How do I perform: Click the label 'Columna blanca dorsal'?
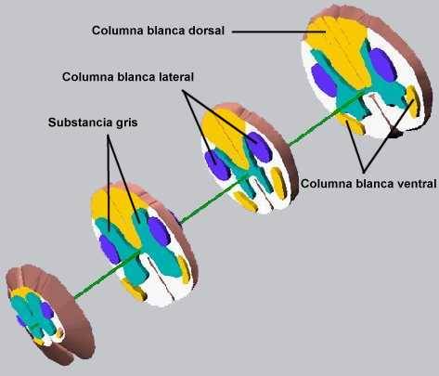pos(158,31)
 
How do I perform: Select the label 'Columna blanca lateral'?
pos(128,77)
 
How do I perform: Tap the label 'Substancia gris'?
pos(93,123)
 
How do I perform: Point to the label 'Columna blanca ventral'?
pos(368,184)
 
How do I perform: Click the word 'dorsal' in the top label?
pos(206,31)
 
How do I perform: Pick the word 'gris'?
pos(127,123)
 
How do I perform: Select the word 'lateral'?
pos(176,77)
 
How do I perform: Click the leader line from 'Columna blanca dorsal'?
pos(278,32)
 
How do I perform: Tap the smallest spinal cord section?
pos(49,314)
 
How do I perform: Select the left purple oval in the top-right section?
pos(324,80)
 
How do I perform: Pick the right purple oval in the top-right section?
pos(383,65)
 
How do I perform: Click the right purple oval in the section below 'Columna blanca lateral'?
pos(258,147)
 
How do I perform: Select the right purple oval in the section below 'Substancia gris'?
pos(159,231)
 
